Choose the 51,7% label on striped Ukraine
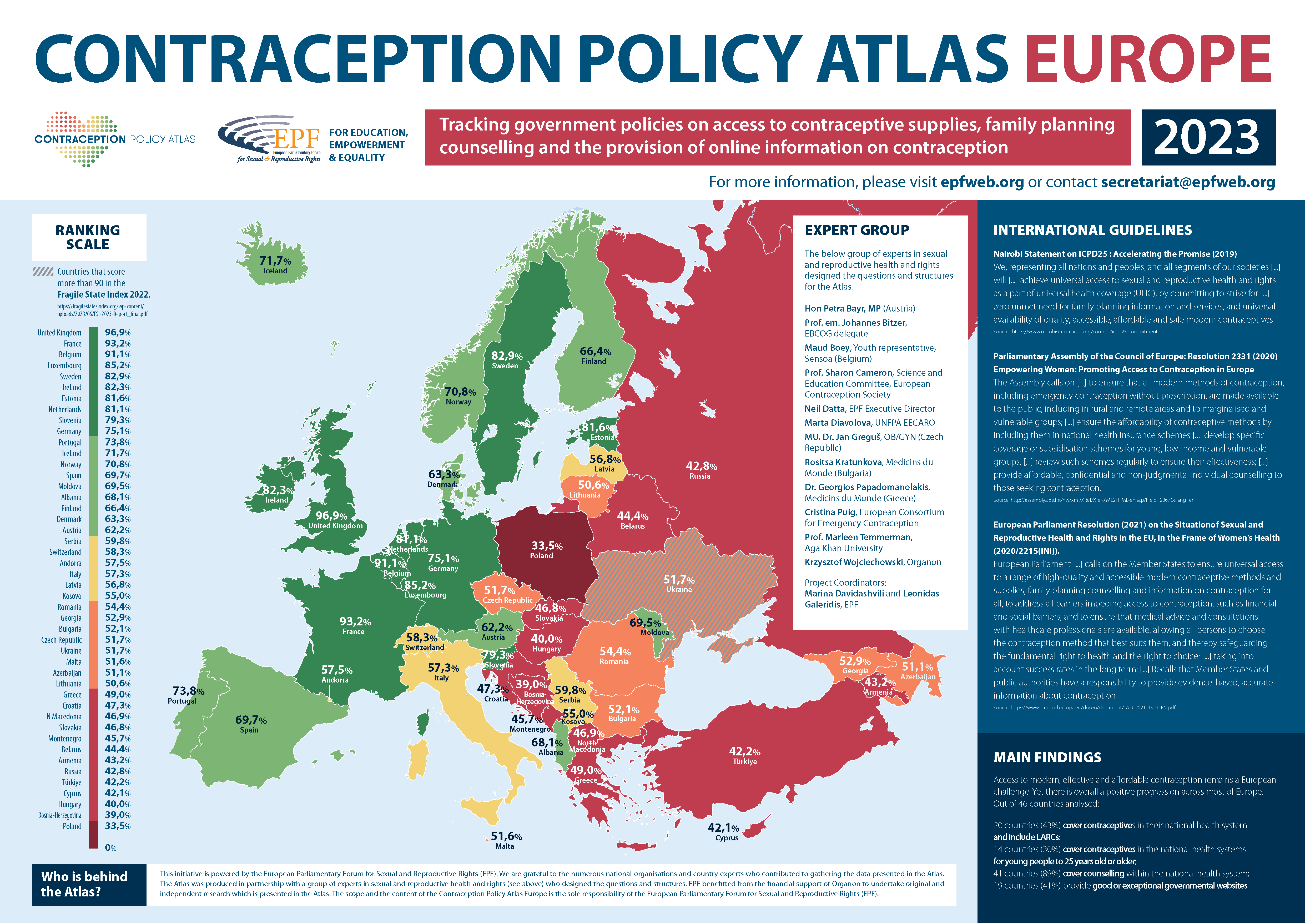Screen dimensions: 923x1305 click(x=679, y=580)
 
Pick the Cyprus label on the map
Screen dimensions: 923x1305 click(x=726, y=838)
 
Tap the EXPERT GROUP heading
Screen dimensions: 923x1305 click(x=856, y=230)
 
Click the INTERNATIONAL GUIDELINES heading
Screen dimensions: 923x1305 click(x=1092, y=230)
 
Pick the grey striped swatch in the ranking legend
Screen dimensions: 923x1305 click(x=43, y=272)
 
